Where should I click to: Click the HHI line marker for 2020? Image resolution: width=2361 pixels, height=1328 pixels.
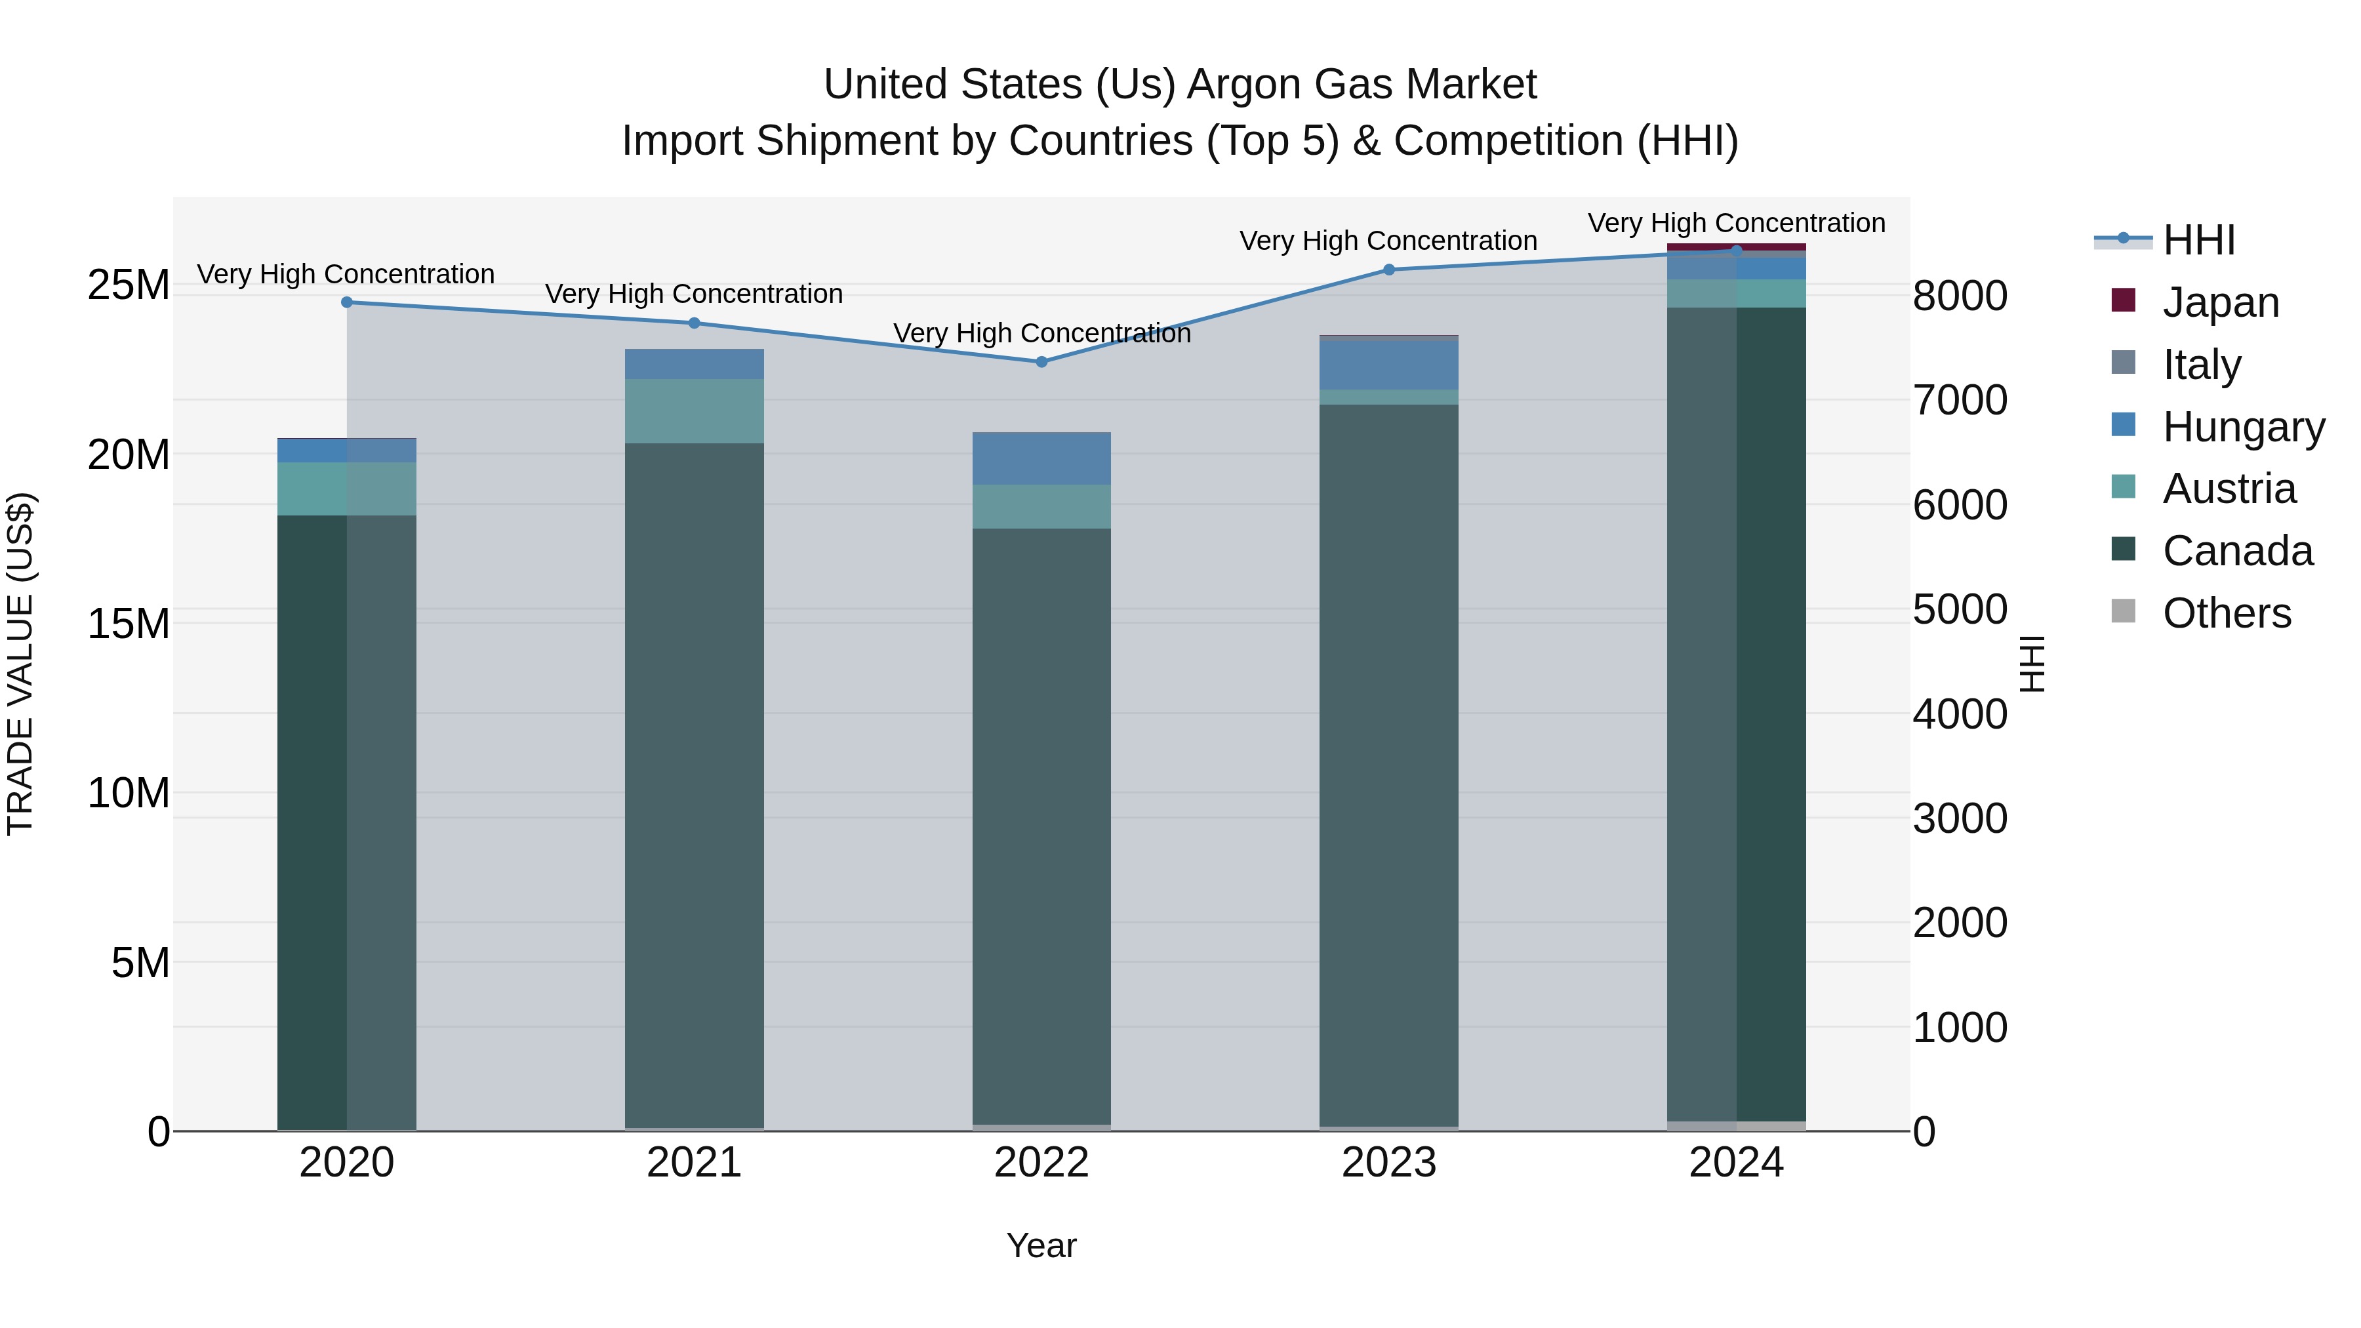point(346,302)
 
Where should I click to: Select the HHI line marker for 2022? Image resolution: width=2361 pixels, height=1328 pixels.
point(1041,362)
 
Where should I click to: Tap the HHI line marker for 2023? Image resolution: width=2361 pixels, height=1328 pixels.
point(1388,270)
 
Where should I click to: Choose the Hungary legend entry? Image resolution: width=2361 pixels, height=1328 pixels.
point(2243,427)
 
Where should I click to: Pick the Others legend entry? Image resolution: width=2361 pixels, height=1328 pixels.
point(2227,613)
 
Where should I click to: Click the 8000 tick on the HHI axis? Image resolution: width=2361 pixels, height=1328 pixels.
point(1960,296)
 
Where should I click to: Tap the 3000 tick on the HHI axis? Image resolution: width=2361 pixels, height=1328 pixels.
point(1960,818)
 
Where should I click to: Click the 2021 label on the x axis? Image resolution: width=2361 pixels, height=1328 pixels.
point(694,1163)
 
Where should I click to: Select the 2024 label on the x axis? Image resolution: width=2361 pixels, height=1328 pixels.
point(1736,1163)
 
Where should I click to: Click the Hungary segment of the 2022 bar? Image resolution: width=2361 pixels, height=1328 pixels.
point(1041,458)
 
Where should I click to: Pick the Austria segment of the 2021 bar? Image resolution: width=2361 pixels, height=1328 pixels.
point(694,411)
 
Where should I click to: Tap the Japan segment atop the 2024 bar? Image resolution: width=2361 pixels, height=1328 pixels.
point(1736,246)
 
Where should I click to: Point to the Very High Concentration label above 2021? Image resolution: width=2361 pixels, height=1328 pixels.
point(694,294)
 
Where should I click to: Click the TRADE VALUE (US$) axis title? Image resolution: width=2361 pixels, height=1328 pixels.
point(20,664)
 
